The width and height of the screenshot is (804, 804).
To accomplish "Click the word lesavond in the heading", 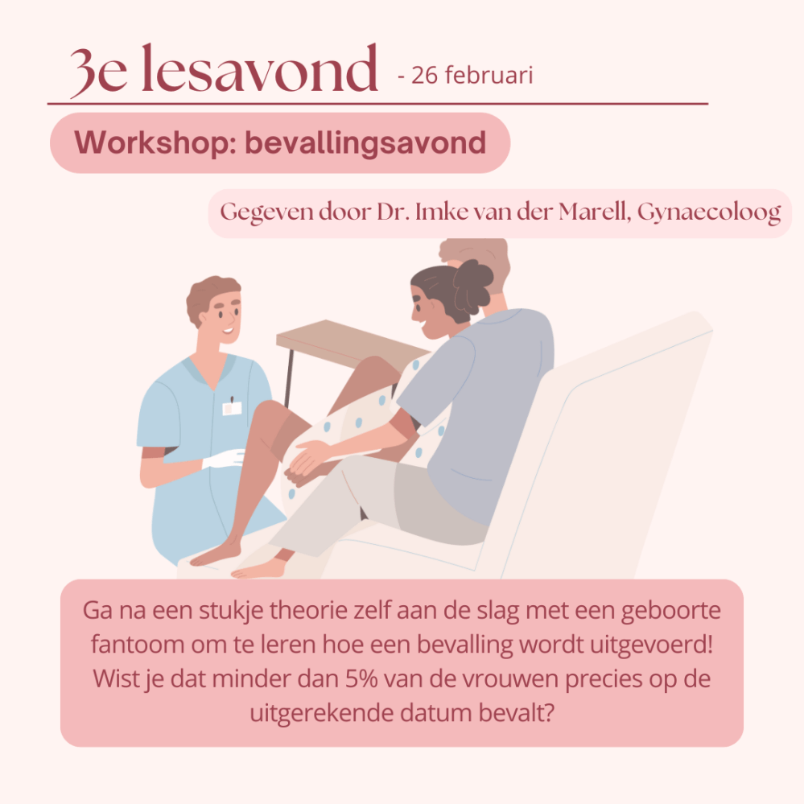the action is click(x=259, y=68).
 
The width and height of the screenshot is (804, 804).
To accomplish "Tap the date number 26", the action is click(x=425, y=76).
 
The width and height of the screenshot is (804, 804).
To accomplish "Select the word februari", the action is click(x=489, y=75).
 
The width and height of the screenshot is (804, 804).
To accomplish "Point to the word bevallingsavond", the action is click(x=365, y=142).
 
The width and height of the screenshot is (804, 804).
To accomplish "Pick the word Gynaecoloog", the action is click(x=709, y=212).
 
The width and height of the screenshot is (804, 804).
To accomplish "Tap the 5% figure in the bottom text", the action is click(x=361, y=679).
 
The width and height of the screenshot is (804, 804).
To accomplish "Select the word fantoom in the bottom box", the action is click(x=137, y=645).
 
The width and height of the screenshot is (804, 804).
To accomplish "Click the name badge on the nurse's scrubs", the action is click(x=232, y=408).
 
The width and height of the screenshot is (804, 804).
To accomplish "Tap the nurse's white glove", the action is click(x=224, y=458).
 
